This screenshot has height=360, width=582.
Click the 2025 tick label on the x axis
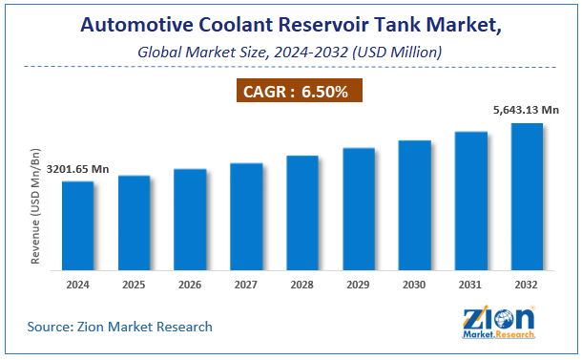tap(134, 285)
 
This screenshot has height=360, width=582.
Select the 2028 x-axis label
tap(302, 285)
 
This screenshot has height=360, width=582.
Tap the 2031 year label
tap(470, 285)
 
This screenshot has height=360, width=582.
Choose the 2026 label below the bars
tap(190, 285)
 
